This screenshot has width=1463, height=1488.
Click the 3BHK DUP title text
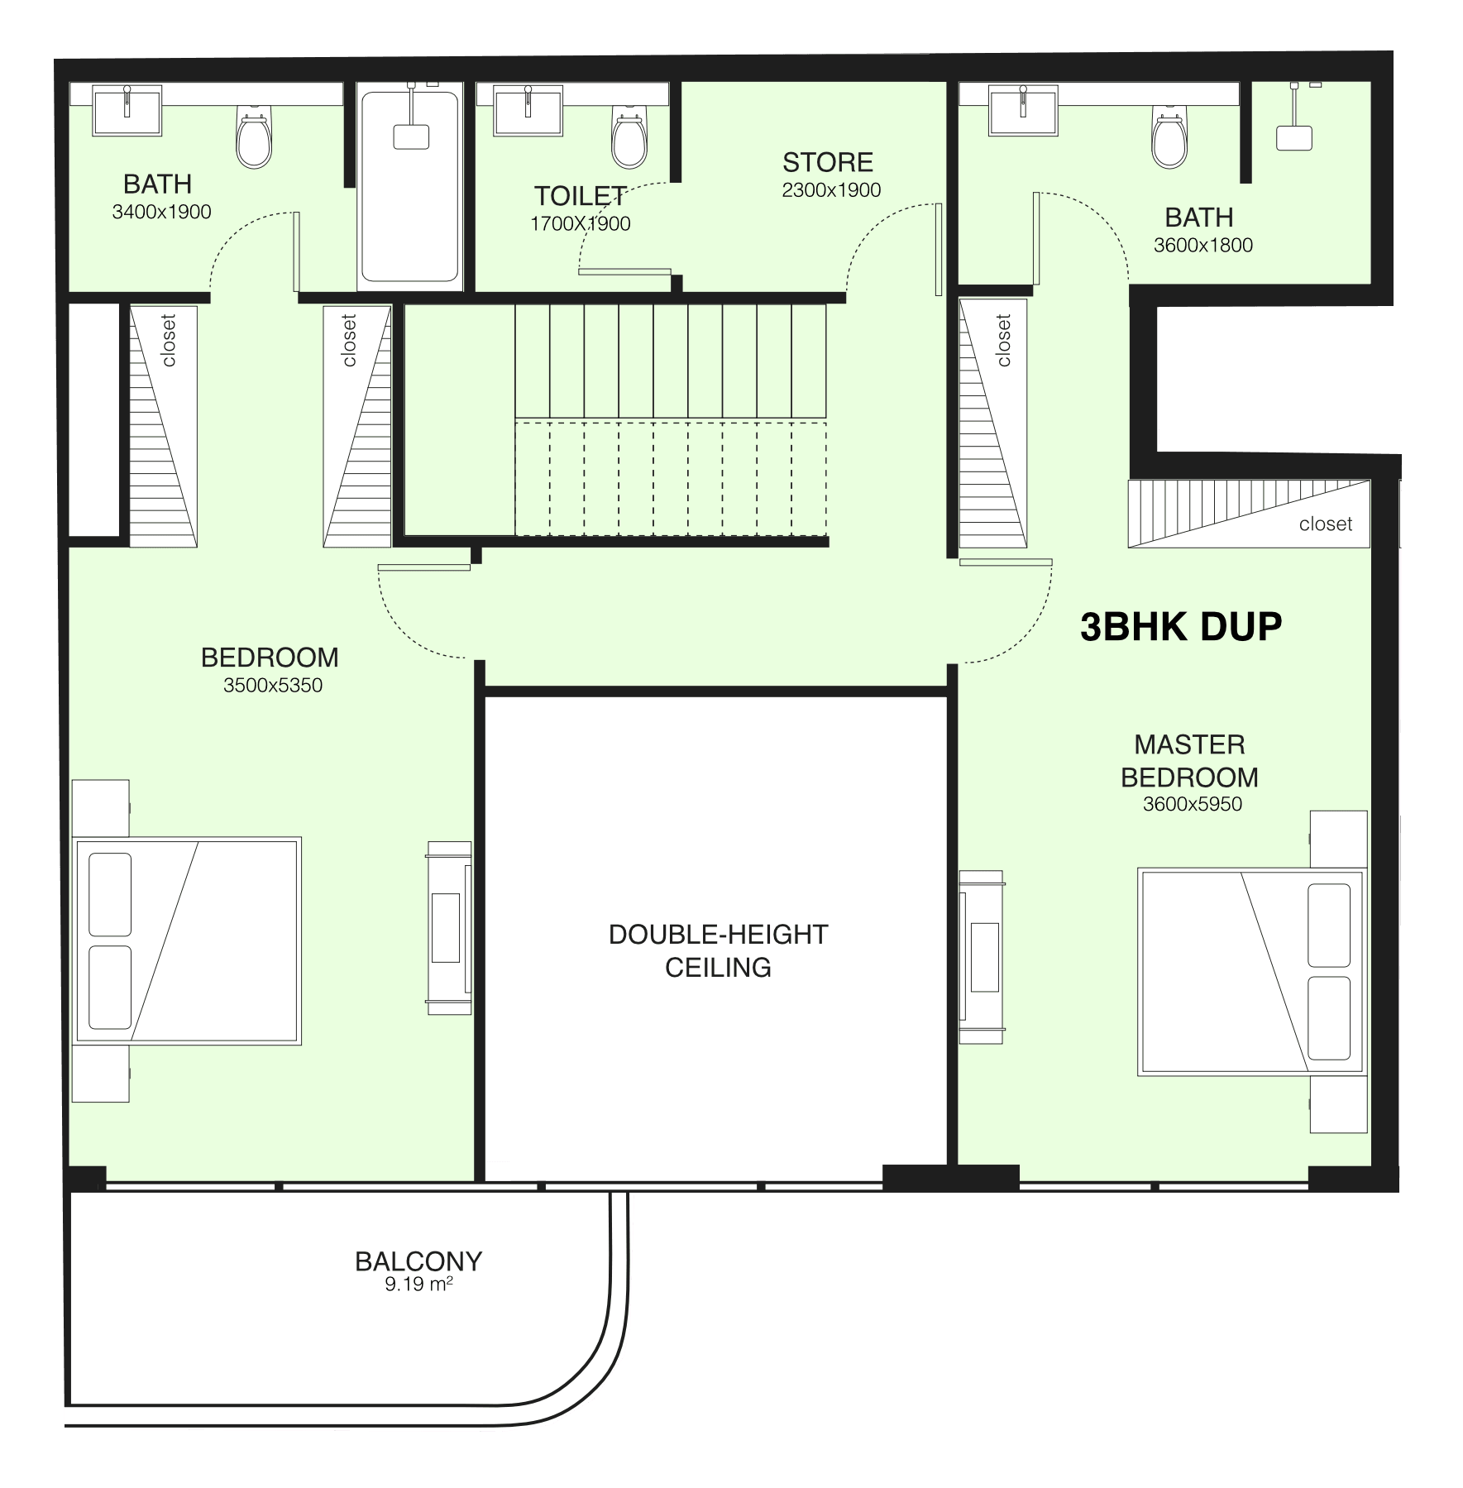1181,627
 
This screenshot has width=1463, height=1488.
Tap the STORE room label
828,162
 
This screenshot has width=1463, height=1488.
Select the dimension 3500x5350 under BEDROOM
273,686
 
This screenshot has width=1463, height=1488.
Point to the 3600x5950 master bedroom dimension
1193,804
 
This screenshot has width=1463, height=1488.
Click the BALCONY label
418,1261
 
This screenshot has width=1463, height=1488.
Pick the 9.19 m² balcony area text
418,1285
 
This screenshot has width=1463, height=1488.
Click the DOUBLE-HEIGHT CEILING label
718,950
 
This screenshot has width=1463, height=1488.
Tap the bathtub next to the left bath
410,187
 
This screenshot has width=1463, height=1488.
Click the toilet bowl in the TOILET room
629,136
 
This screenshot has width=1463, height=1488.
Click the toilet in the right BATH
1169,136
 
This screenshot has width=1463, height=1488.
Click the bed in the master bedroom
1251,971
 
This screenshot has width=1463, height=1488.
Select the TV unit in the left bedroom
449,928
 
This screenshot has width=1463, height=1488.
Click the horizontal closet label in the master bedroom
1326,524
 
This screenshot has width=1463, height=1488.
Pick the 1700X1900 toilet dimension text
581,223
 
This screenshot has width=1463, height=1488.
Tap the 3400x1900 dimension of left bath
162,212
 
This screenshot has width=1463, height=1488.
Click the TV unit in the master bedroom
983,957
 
